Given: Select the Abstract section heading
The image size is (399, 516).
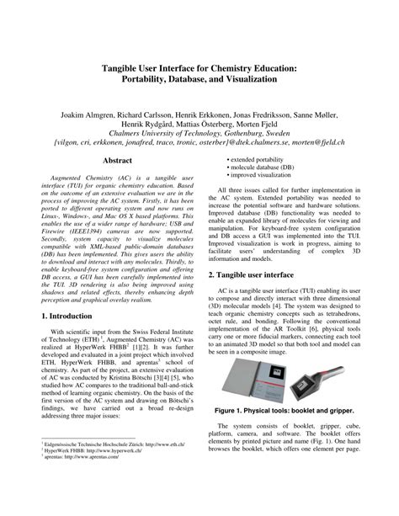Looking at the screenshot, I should pos(117,159).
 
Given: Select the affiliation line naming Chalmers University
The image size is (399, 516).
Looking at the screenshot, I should pos(199,133).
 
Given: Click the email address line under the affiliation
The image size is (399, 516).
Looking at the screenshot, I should pos(199,143).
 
